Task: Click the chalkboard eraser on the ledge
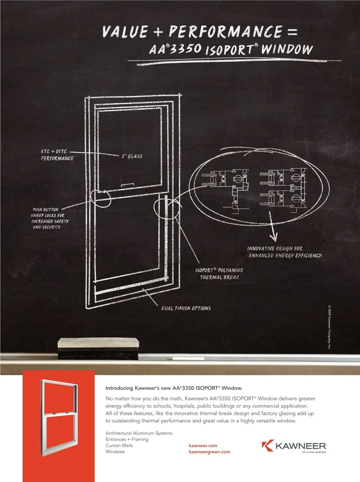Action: click(x=98, y=349)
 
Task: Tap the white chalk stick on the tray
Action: click(x=188, y=359)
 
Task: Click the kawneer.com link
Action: click(x=203, y=446)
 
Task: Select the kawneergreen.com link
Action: click(x=209, y=452)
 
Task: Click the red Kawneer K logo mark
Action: click(x=268, y=445)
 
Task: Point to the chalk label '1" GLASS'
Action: click(x=132, y=156)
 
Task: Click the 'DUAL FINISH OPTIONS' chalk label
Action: click(x=186, y=308)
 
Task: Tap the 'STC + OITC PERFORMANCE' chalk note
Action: click(x=57, y=155)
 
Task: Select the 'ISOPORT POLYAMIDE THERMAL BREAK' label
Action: click(x=219, y=273)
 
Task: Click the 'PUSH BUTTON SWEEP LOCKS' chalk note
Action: click(x=49, y=218)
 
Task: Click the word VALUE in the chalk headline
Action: click(x=125, y=32)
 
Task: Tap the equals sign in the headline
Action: click(x=292, y=32)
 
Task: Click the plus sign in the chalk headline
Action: click(x=158, y=32)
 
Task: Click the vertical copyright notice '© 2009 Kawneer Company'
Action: click(x=329, y=327)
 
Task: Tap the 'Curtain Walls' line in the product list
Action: click(x=119, y=445)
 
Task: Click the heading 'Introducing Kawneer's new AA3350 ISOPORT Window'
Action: click(x=174, y=388)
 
